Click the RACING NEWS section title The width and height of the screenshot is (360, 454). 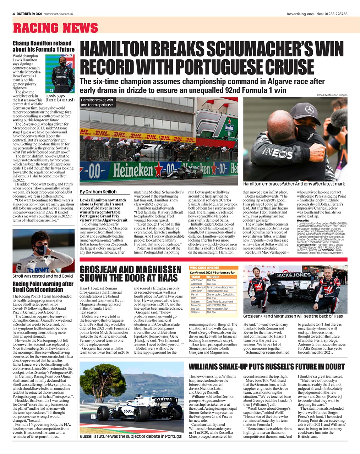click(x=55, y=28)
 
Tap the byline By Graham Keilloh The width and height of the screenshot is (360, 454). click(x=98, y=192)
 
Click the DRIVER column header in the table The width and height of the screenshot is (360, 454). click(x=213, y=277)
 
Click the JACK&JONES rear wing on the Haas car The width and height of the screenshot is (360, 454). click(x=288, y=275)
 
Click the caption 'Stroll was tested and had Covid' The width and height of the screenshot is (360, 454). click(x=42, y=276)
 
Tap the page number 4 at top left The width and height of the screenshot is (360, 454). click(x=13, y=14)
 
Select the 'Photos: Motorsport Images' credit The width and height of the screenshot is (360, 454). click(x=331, y=95)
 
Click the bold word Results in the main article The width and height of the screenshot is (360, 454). click(x=303, y=220)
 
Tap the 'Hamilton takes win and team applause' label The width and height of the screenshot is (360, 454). click(x=97, y=103)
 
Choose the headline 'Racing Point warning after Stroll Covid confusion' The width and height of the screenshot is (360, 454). click(x=43, y=287)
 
